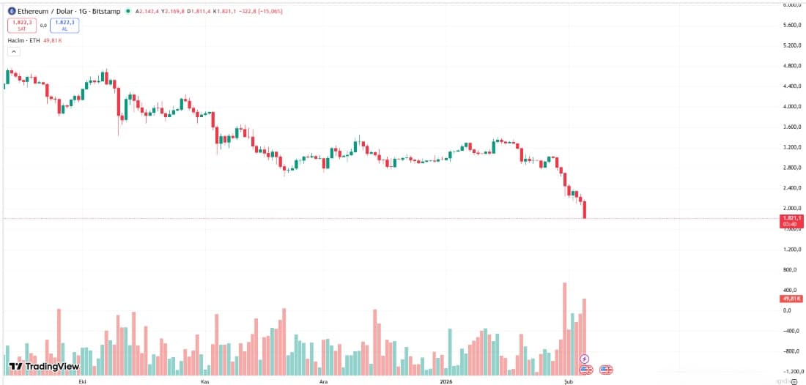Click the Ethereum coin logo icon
[x=12, y=12]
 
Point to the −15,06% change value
[x=267, y=12]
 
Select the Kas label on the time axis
[x=204, y=381]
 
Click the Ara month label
[x=323, y=381]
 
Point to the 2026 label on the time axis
[x=446, y=381]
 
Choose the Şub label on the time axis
[x=568, y=381]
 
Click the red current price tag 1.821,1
[x=791, y=218]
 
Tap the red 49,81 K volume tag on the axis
[x=791, y=299]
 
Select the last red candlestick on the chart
[x=585, y=210]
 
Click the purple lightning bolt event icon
[x=584, y=359]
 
